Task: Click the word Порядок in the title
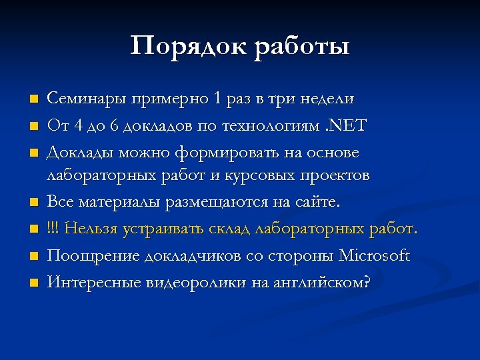[188, 47]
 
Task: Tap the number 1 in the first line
[217, 99]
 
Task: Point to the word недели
[329, 99]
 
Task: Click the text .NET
[347, 125]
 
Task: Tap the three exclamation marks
[52, 230]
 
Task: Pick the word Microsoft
[375, 256]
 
